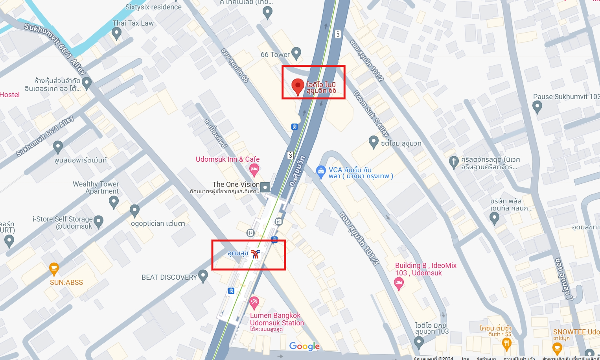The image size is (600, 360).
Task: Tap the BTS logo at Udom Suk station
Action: [x=256, y=254]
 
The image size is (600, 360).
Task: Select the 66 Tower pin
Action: [x=296, y=53]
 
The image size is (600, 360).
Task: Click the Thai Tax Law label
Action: [x=133, y=23]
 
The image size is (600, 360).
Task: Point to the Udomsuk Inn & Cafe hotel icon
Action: [x=254, y=170]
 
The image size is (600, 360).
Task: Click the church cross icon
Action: [x=454, y=161]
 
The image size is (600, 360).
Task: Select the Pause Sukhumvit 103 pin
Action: [x=537, y=106]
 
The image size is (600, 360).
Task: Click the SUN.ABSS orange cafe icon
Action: [x=54, y=269]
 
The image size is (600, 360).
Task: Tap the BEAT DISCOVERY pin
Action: [x=203, y=276]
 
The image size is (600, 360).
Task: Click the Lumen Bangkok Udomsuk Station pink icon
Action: [x=254, y=303]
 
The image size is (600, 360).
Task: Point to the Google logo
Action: [x=304, y=346]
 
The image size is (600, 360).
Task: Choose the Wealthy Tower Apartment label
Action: [x=96, y=188]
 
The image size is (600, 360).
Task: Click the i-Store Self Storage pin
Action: [x=98, y=222]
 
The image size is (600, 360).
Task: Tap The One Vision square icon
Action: [x=265, y=187]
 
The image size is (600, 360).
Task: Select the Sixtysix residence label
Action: [x=153, y=7]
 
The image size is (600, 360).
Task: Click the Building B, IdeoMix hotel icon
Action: [x=399, y=283]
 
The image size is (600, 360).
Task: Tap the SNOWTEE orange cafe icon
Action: [x=557, y=348]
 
